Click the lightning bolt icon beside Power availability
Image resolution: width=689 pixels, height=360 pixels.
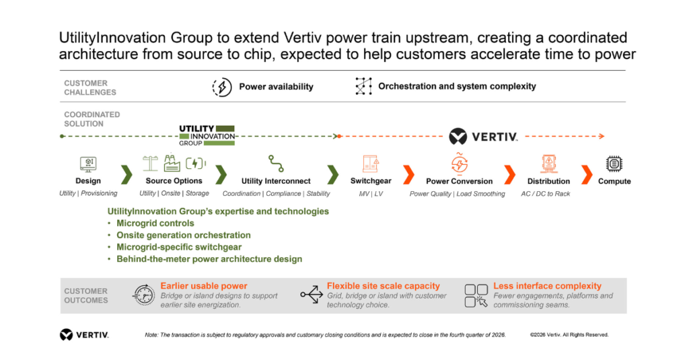(222, 87)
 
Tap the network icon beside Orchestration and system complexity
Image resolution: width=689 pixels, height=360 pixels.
(363, 86)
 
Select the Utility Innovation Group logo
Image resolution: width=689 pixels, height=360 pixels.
(207, 135)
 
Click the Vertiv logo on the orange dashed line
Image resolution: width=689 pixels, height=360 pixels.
(483, 137)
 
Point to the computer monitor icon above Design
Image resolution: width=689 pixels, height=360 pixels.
(88, 164)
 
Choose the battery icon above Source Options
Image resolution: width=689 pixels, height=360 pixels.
(196, 164)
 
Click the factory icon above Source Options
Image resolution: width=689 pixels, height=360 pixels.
(172, 163)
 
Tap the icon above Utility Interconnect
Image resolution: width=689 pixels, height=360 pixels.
(276, 164)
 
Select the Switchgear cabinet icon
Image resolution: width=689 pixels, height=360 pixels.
(371, 164)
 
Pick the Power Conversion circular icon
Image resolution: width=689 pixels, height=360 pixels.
(459, 164)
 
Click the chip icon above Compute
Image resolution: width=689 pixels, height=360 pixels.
(614, 164)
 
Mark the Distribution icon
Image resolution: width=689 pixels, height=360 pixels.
(549, 164)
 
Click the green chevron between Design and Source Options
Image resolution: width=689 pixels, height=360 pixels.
(126, 174)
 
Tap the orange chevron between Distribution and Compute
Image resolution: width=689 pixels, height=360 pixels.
(587, 174)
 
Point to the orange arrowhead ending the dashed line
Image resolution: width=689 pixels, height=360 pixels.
(602, 137)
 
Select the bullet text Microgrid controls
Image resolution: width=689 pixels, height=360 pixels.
(155, 223)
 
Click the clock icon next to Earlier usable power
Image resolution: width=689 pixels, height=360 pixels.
(144, 295)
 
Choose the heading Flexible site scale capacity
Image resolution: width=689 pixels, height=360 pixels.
(383, 286)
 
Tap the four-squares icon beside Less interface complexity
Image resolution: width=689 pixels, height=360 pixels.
(476, 295)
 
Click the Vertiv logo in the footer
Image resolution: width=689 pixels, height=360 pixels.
(84, 335)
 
